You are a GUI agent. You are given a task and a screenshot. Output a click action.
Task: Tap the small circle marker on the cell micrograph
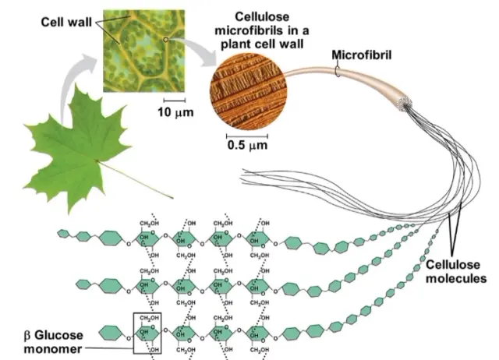(x=165, y=37)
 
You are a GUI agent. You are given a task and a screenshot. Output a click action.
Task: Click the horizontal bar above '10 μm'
(x=174, y=101)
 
